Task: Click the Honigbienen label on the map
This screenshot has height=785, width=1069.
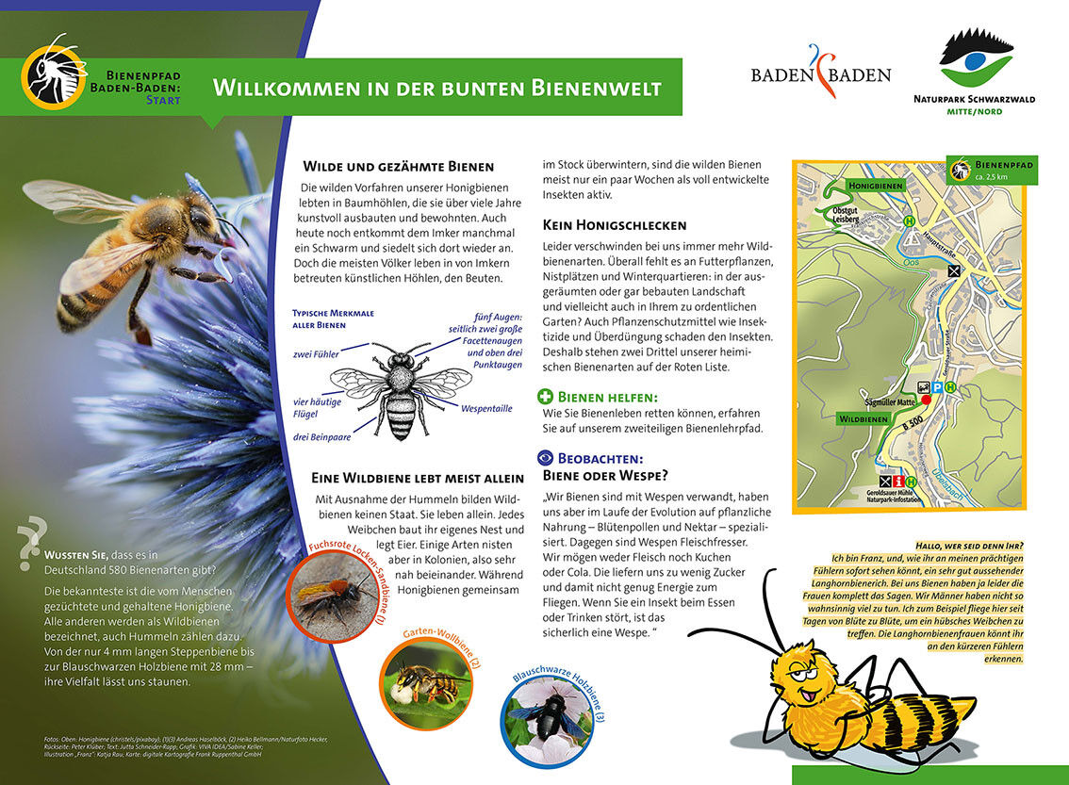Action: point(875,187)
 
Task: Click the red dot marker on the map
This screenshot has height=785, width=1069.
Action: point(926,400)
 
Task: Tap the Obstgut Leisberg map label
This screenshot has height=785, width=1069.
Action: point(846,215)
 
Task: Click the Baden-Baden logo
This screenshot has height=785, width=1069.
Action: point(820,74)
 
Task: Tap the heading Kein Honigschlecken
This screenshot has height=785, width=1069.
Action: point(615,225)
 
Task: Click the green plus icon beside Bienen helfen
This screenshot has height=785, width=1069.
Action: point(545,398)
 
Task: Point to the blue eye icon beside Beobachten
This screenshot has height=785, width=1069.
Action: point(545,458)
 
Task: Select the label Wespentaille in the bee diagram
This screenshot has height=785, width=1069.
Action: point(486,408)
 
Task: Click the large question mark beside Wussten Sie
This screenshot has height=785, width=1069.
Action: point(32,543)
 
